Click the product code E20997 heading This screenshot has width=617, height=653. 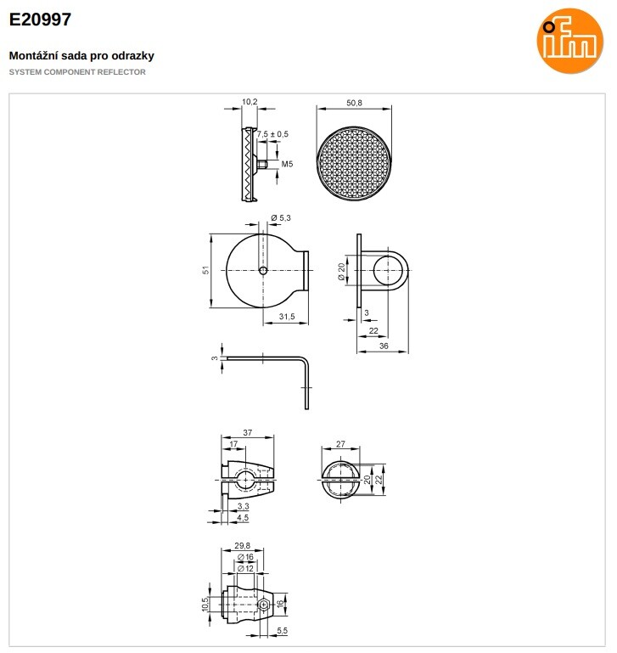(40, 20)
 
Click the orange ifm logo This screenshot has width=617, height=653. (570, 41)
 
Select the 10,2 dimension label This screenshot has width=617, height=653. (250, 102)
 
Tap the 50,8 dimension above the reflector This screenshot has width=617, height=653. (354, 103)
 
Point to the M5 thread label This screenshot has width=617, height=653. (287, 164)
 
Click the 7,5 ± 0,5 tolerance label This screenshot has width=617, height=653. (272, 134)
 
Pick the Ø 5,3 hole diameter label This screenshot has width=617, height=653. (281, 217)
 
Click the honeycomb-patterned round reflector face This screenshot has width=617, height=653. (354, 162)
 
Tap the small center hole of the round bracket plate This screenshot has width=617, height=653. (263, 271)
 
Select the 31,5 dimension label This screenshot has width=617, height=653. (287, 317)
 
